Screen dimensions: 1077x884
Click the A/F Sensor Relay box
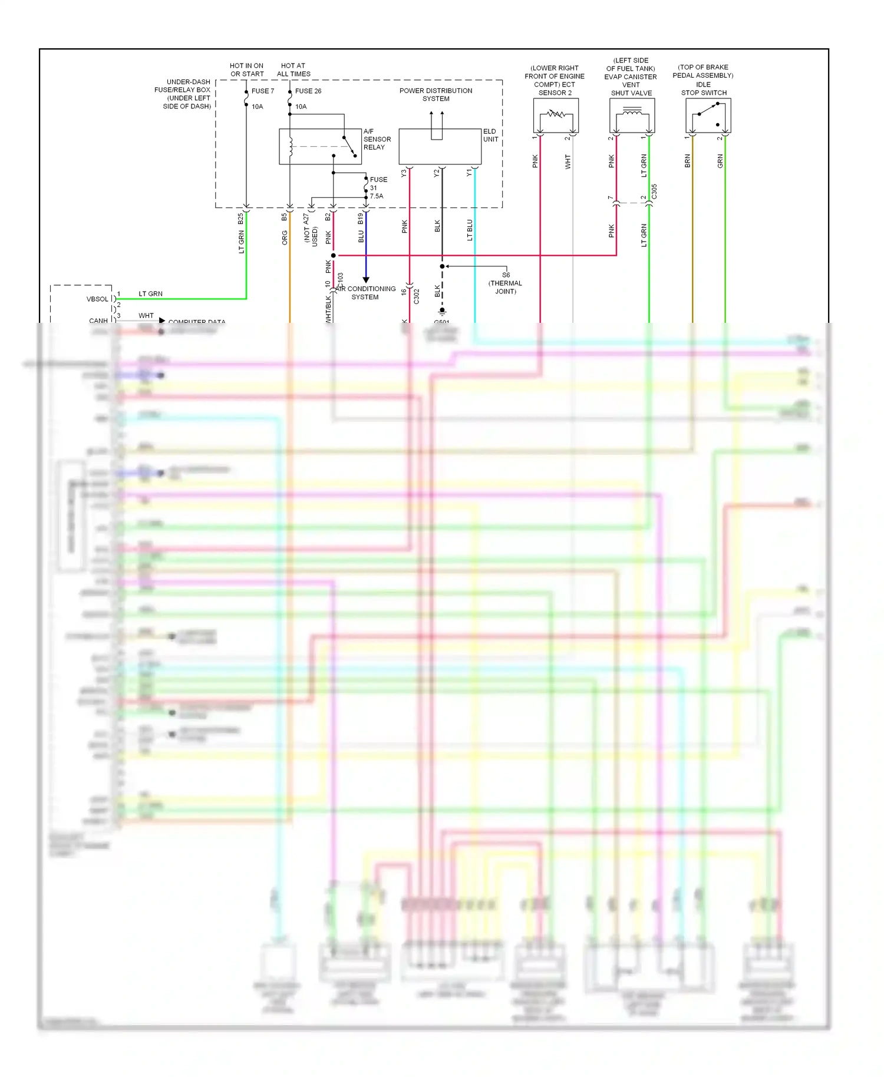[x=320, y=146]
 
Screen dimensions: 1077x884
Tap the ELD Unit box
[x=440, y=146]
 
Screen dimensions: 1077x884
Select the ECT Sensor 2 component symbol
[x=556, y=115]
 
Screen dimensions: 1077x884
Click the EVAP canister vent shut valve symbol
[x=632, y=115]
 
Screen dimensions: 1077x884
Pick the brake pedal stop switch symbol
[x=708, y=115]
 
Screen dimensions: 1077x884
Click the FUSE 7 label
[x=263, y=91]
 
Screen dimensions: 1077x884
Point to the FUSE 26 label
[x=308, y=91]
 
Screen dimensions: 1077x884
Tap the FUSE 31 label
[x=377, y=187]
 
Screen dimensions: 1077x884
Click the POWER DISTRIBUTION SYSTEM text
[x=436, y=94]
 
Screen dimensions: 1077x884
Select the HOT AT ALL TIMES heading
[x=293, y=70]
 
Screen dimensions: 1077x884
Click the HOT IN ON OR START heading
[x=247, y=70]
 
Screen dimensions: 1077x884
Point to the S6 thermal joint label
[x=505, y=283]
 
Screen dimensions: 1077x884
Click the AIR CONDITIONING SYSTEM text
[x=365, y=293]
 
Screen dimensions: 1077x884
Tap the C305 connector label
[x=654, y=191]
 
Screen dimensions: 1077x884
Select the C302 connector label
[x=417, y=296]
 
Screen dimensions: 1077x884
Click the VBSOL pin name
[x=97, y=299]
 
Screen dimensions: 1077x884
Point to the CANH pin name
[x=98, y=321]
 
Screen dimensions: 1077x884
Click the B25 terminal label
[x=240, y=219]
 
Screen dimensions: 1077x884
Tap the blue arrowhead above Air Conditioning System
[x=366, y=280]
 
